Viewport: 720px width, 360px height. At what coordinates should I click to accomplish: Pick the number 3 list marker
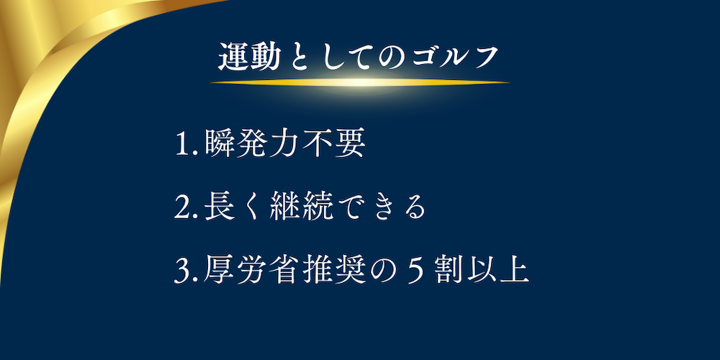181,271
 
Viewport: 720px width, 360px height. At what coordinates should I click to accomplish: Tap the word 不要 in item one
335,145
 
